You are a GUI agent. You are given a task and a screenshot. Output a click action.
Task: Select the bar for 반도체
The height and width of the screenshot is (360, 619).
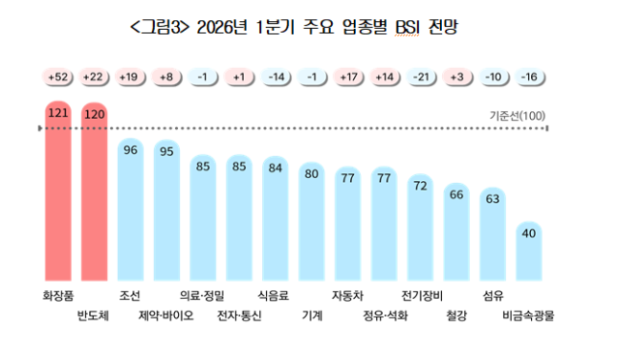[x=96, y=194]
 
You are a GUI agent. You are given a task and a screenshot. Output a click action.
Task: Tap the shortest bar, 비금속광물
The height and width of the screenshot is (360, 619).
[x=529, y=252]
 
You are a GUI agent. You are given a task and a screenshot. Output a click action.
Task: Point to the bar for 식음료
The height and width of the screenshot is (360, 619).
[x=276, y=218]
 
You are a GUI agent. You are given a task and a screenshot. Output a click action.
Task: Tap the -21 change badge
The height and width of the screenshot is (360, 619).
[x=420, y=76]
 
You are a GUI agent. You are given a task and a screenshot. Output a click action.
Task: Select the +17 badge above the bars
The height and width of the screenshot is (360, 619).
[x=347, y=76]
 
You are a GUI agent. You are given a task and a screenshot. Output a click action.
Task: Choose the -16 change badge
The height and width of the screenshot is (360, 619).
[x=529, y=76]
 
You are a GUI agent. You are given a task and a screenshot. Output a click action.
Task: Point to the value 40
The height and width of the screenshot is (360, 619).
[x=529, y=232]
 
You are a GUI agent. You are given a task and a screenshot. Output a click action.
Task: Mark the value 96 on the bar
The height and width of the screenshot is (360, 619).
[x=132, y=150]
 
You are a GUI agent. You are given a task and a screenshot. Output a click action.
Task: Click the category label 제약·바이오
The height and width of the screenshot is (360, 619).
[x=166, y=315]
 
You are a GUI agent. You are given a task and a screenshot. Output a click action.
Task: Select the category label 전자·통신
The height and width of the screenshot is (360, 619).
[x=239, y=315]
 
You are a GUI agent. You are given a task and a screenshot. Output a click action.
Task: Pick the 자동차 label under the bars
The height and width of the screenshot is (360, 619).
[x=347, y=295]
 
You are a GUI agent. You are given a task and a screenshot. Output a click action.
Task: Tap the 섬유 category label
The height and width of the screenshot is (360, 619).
[x=492, y=295]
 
